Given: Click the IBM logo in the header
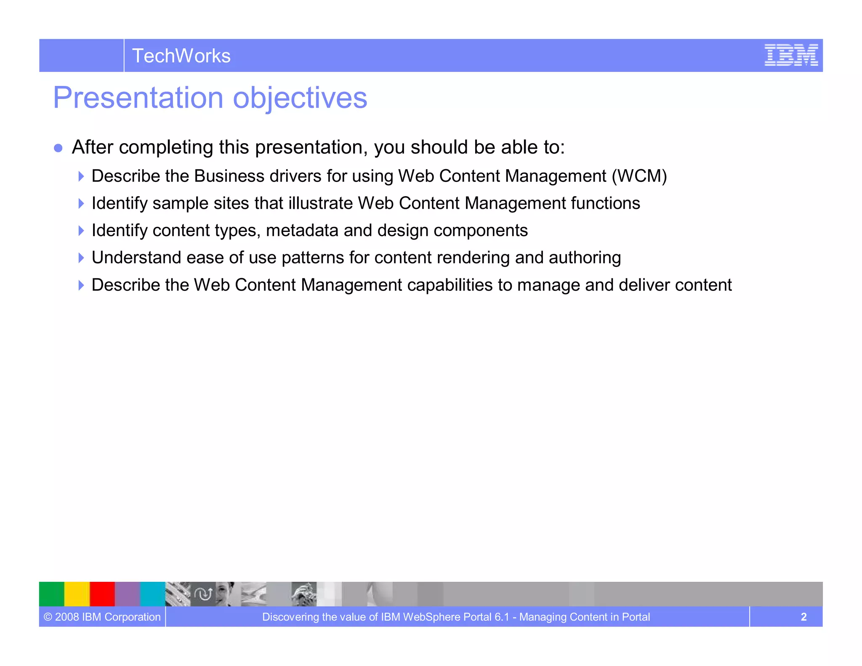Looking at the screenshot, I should tap(791, 55).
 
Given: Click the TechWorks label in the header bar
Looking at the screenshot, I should tap(181, 56).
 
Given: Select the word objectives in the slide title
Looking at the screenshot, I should tap(300, 98).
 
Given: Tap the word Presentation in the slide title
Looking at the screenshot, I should tap(138, 98).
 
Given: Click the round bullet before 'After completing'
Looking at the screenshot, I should tap(59, 148).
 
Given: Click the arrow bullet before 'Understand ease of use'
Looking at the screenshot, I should tap(81, 258).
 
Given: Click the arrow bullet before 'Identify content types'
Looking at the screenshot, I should tap(81, 231).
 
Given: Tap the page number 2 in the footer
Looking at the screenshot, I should tap(803, 617).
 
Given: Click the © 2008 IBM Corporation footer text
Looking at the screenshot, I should tap(102, 617).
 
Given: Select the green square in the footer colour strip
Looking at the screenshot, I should tap(51, 594).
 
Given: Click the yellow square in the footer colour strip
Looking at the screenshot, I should tap(77, 594).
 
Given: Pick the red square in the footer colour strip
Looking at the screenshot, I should tap(102, 594).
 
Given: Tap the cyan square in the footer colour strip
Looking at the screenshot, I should tap(152, 594).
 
